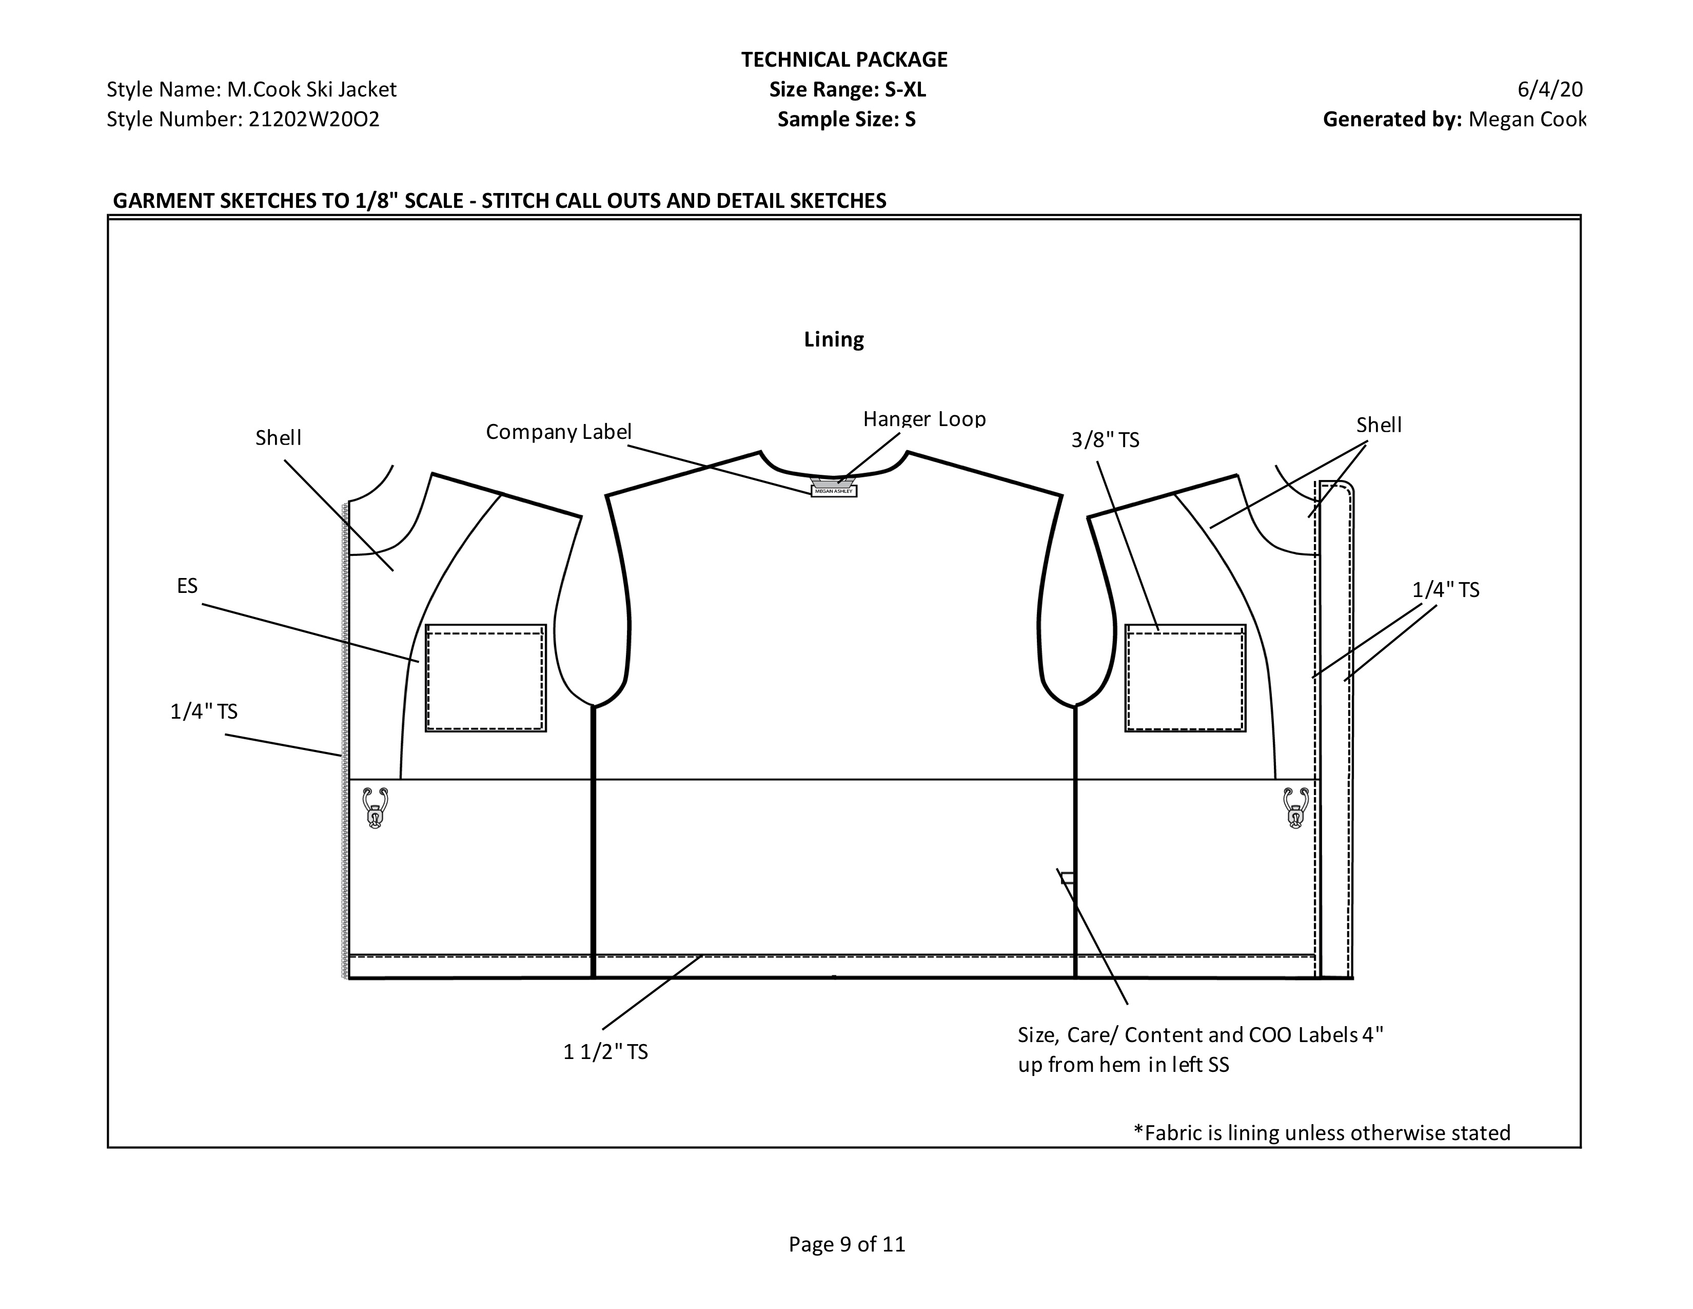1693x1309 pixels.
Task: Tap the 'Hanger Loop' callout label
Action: point(924,419)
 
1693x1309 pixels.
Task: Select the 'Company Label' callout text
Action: point(558,432)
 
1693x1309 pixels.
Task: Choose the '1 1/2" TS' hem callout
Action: point(605,1051)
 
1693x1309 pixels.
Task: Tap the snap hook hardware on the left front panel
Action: point(375,808)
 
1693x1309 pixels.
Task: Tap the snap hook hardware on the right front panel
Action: point(1296,808)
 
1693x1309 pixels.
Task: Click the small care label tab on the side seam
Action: point(1068,878)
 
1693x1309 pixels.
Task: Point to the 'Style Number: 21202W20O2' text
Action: point(243,120)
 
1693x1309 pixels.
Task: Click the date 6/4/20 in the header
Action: point(1549,89)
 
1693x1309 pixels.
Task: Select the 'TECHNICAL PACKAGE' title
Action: point(844,60)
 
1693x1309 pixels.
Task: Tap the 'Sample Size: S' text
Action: point(846,120)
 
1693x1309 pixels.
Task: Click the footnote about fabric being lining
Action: point(1322,1133)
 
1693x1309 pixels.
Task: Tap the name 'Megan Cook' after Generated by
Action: point(1527,120)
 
